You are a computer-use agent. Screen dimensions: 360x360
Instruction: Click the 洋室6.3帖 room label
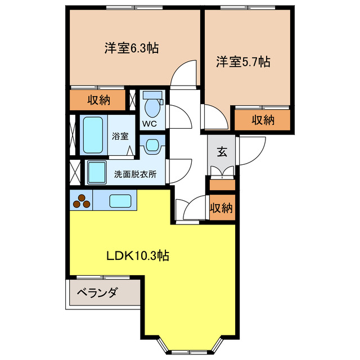131,48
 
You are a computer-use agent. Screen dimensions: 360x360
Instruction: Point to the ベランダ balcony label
97,292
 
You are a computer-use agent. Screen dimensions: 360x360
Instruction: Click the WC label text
148,123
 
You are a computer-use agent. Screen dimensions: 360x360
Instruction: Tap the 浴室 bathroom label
119,136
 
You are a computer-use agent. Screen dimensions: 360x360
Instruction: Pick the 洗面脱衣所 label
135,174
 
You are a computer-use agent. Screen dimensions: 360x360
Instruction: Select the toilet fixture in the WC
152,105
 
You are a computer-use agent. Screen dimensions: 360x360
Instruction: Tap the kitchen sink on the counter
120,200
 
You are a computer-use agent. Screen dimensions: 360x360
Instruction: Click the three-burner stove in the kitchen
82,200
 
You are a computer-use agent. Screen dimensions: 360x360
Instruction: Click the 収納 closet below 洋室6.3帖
98,101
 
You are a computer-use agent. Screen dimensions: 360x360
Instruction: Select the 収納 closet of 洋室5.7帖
262,119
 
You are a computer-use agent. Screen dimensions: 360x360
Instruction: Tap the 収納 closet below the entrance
221,208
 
